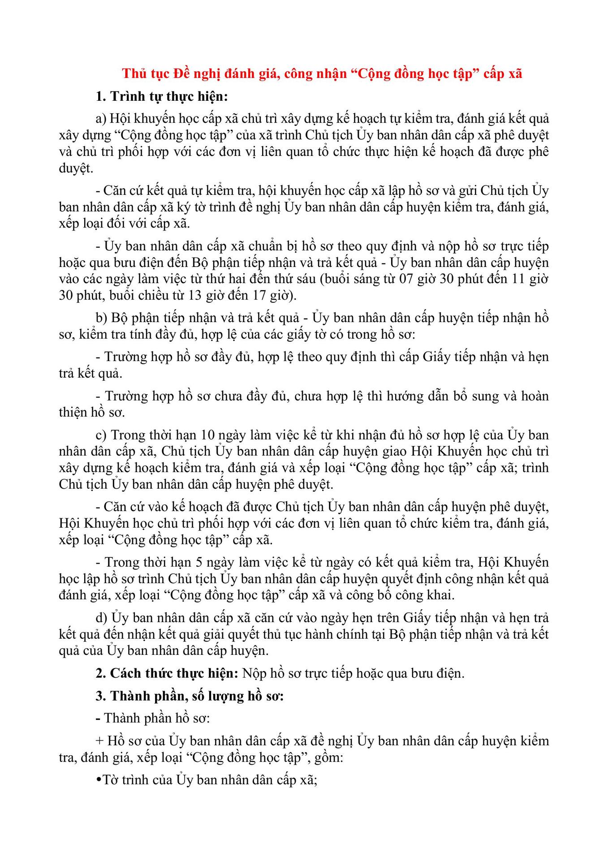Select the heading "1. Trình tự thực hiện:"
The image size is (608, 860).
coord(162,96)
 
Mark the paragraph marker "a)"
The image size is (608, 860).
coord(101,119)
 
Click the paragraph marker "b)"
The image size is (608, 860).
coord(101,318)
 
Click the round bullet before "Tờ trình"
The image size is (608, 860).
coord(99,780)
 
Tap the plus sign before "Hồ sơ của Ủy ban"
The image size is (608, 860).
coord(99,741)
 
